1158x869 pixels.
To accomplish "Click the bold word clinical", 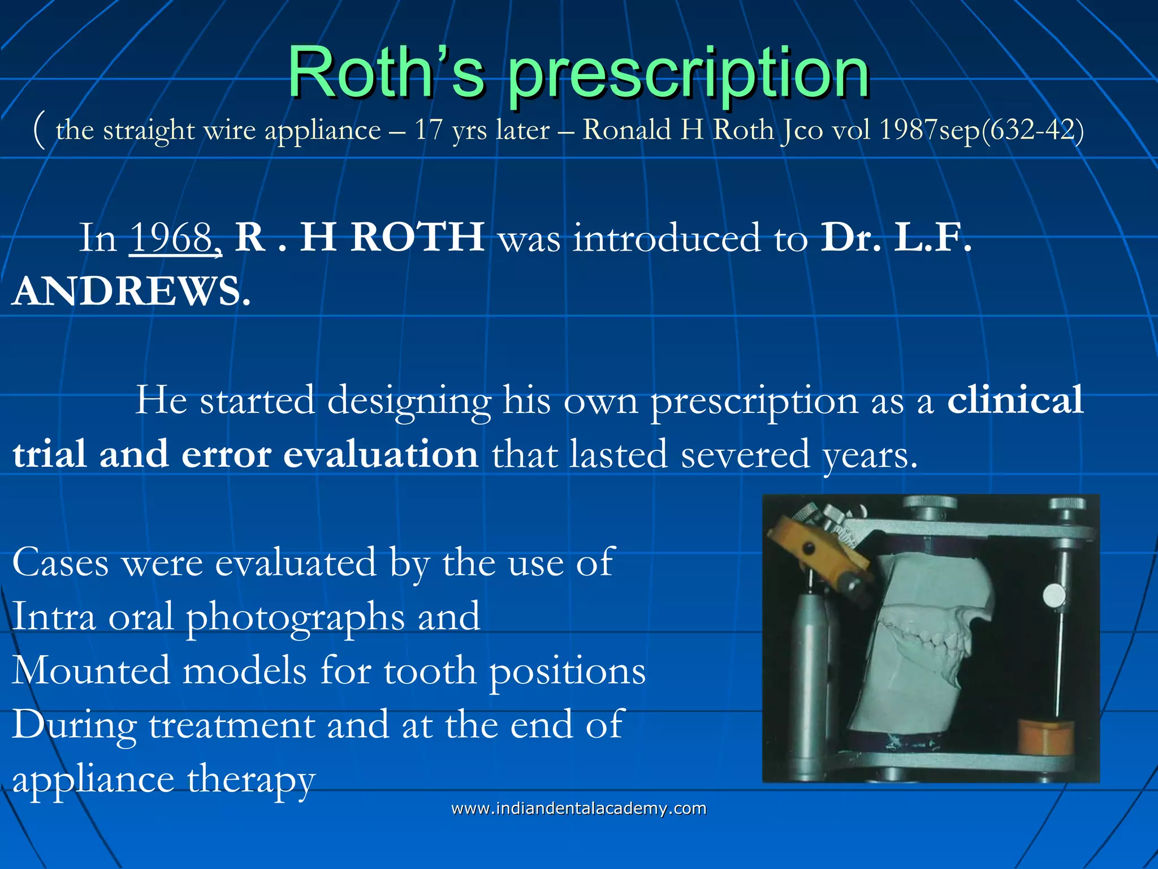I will (x=1016, y=400).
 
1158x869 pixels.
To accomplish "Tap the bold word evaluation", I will (x=381, y=454).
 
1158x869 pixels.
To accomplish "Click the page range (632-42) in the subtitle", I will (x=1033, y=130).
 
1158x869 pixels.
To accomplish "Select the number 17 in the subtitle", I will (x=429, y=130).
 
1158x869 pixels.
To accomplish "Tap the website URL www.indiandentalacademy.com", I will (x=578, y=808).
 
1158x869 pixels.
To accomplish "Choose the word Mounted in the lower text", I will (x=90, y=671).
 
